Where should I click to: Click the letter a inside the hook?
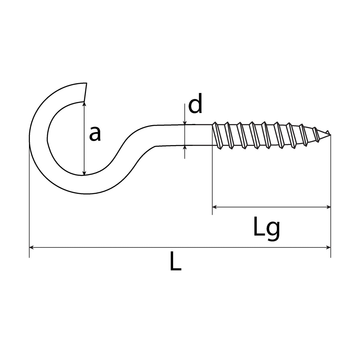[95, 133]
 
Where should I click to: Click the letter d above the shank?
[195, 103]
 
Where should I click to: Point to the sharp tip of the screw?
[330, 134]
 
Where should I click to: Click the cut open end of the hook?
[85, 92]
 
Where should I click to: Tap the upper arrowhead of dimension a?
[84, 104]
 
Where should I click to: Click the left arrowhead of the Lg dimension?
[214, 207]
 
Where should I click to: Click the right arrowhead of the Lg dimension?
[328, 207]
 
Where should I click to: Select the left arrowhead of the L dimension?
[31, 247]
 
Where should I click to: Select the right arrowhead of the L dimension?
[328, 247]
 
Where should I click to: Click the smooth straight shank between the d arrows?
[184, 135]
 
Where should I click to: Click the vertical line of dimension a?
[84, 139]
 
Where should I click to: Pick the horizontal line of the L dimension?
[180, 247]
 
